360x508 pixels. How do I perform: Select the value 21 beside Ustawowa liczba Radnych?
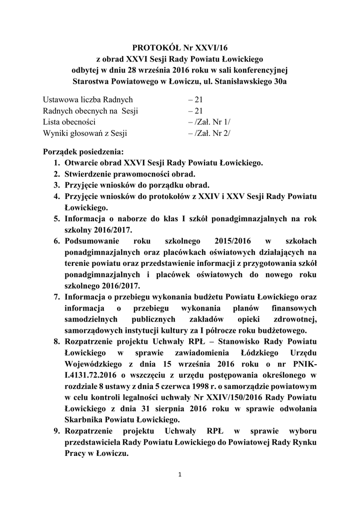click(x=193, y=100)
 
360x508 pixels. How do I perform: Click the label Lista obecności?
click(x=69, y=122)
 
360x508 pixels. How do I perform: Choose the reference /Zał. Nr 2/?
click(x=210, y=132)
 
